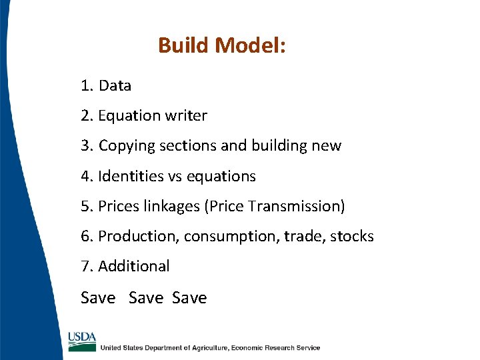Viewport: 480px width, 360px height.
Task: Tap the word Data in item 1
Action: pos(115,86)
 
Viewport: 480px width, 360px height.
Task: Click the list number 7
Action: pos(85,266)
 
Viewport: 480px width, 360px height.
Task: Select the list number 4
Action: pos(85,176)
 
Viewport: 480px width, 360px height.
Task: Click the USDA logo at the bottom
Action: pos(81,341)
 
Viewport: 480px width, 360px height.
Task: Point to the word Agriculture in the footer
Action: pos(206,347)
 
